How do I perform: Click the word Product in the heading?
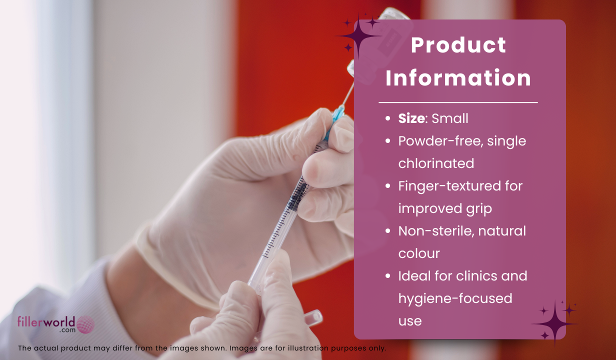click(458, 45)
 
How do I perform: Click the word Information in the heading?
click(458, 78)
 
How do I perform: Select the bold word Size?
click(411, 118)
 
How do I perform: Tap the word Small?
click(450, 118)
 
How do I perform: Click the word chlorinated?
click(436, 163)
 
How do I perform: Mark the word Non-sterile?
click(436, 231)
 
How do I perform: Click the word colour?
click(419, 253)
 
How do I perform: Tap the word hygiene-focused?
click(455, 299)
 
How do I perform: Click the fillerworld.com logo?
click(56, 324)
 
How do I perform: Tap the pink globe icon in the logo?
click(85, 324)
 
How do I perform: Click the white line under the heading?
click(458, 102)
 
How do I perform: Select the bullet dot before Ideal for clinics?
click(388, 276)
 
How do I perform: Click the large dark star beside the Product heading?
click(358, 36)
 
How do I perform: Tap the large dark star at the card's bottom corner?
click(555, 323)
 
